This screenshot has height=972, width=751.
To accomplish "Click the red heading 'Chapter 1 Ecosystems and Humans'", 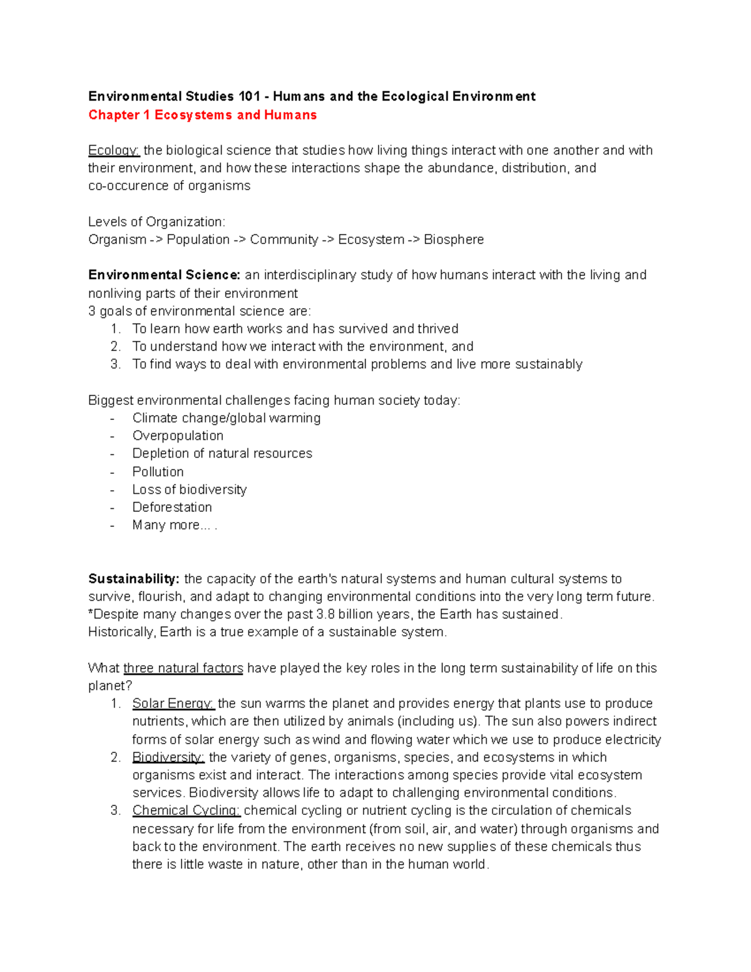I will click(x=202, y=115).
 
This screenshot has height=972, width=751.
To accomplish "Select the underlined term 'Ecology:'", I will click(x=114, y=151).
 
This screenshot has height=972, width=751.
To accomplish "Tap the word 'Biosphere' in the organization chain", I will click(x=454, y=240).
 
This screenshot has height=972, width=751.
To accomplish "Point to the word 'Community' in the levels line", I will click(x=284, y=240).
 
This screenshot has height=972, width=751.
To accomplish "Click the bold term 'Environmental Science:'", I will click(x=164, y=275).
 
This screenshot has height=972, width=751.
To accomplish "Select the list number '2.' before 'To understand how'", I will click(x=115, y=347).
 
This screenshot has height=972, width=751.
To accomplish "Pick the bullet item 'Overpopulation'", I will click(x=178, y=436).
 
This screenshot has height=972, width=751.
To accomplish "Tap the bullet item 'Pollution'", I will click(x=158, y=472).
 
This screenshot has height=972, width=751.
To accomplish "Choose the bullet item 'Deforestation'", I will click(x=172, y=507).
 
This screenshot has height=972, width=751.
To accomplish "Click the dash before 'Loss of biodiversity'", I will click(x=112, y=490).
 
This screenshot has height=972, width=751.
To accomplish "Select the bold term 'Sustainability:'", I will click(x=134, y=579).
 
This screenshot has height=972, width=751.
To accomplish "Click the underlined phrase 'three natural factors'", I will click(x=183, y=668).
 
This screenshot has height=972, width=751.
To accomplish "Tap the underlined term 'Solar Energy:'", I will click(x=173, y=704).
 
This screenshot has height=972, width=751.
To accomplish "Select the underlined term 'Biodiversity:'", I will click(x=168, y=758).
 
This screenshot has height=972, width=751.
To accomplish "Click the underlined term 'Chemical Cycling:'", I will click(x=186, y=811).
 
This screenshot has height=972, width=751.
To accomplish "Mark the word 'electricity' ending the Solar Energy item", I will click(x=633, y=740).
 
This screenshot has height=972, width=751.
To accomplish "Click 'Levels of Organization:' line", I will click(x=156, y=222).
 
